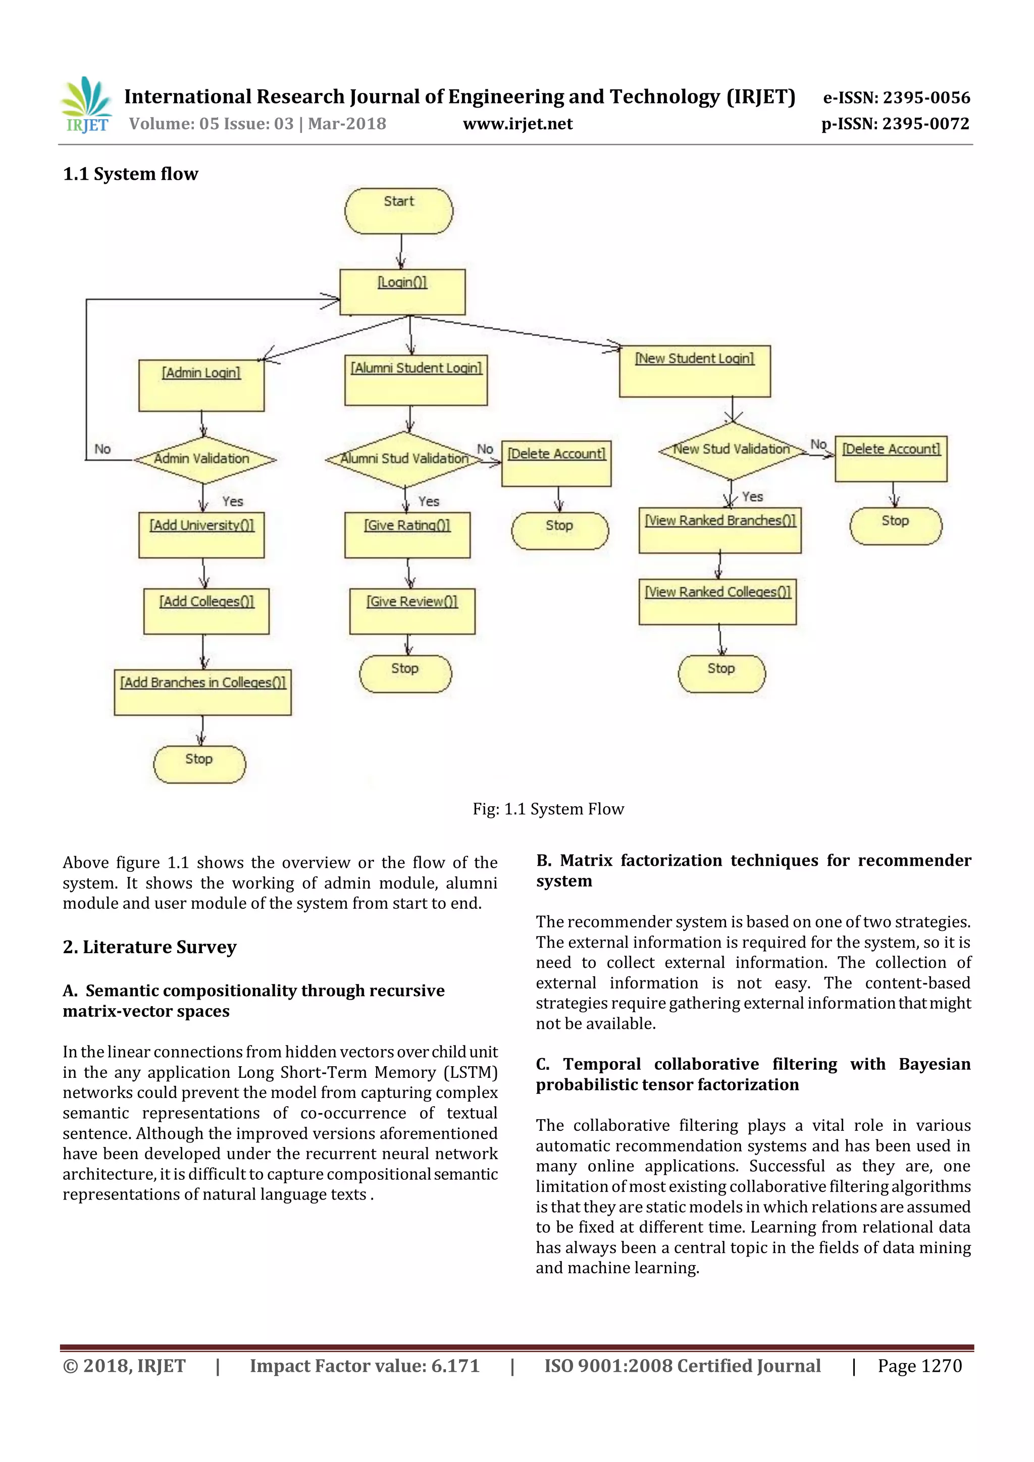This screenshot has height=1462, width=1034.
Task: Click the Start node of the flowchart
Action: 398,211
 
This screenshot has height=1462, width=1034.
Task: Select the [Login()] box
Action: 402,292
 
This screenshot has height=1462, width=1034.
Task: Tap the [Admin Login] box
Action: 201,385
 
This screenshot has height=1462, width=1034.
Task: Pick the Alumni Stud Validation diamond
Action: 404,459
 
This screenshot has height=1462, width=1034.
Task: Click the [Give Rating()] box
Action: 407,535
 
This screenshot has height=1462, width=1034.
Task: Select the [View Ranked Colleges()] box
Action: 717,601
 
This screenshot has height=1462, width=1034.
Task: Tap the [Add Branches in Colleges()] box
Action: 202,692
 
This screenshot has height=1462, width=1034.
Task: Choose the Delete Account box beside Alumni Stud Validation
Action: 556,463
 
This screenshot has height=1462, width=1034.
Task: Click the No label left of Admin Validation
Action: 102,449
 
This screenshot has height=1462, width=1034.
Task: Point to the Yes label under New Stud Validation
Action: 753,497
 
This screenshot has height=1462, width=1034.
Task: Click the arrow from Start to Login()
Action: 401,251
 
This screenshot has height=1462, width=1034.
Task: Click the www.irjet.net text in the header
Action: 518,124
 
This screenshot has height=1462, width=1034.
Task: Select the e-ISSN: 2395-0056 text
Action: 897,97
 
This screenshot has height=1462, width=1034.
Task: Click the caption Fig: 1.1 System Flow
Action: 548,809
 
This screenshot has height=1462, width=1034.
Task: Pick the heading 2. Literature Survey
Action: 149,947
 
